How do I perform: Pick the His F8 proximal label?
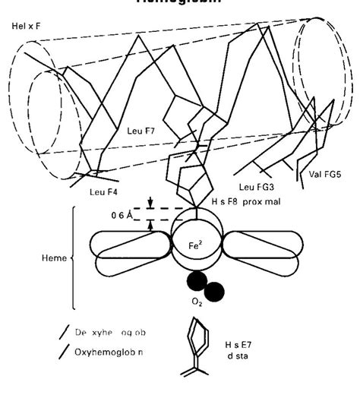[260, 201]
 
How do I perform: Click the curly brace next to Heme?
[74, 258]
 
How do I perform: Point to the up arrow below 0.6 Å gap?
[152, 225]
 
